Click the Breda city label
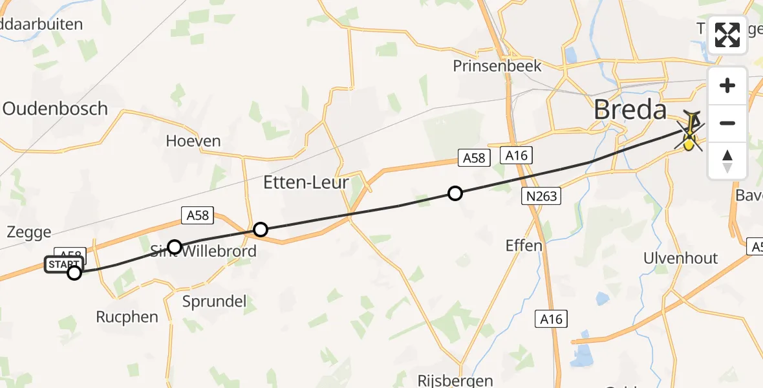tap(630, 110)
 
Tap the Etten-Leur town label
tap(306, 183)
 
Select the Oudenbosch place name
tap(55, 109)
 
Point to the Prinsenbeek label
tap(497, 66)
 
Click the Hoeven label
tap(193, 141)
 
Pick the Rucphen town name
tap(127, 317)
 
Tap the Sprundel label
tap(214, 301)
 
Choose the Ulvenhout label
tap(680, 258)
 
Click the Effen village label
tap(524, 246)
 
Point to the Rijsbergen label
tap(455, 381)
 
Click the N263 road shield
tap(541, 197)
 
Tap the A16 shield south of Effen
tap(551, 319)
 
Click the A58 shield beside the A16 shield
tap(474, 157)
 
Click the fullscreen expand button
tap(727, 35)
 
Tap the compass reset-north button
tap(727, 160)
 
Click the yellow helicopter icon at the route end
tap(691, 131)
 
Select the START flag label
tap(64, 264)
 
